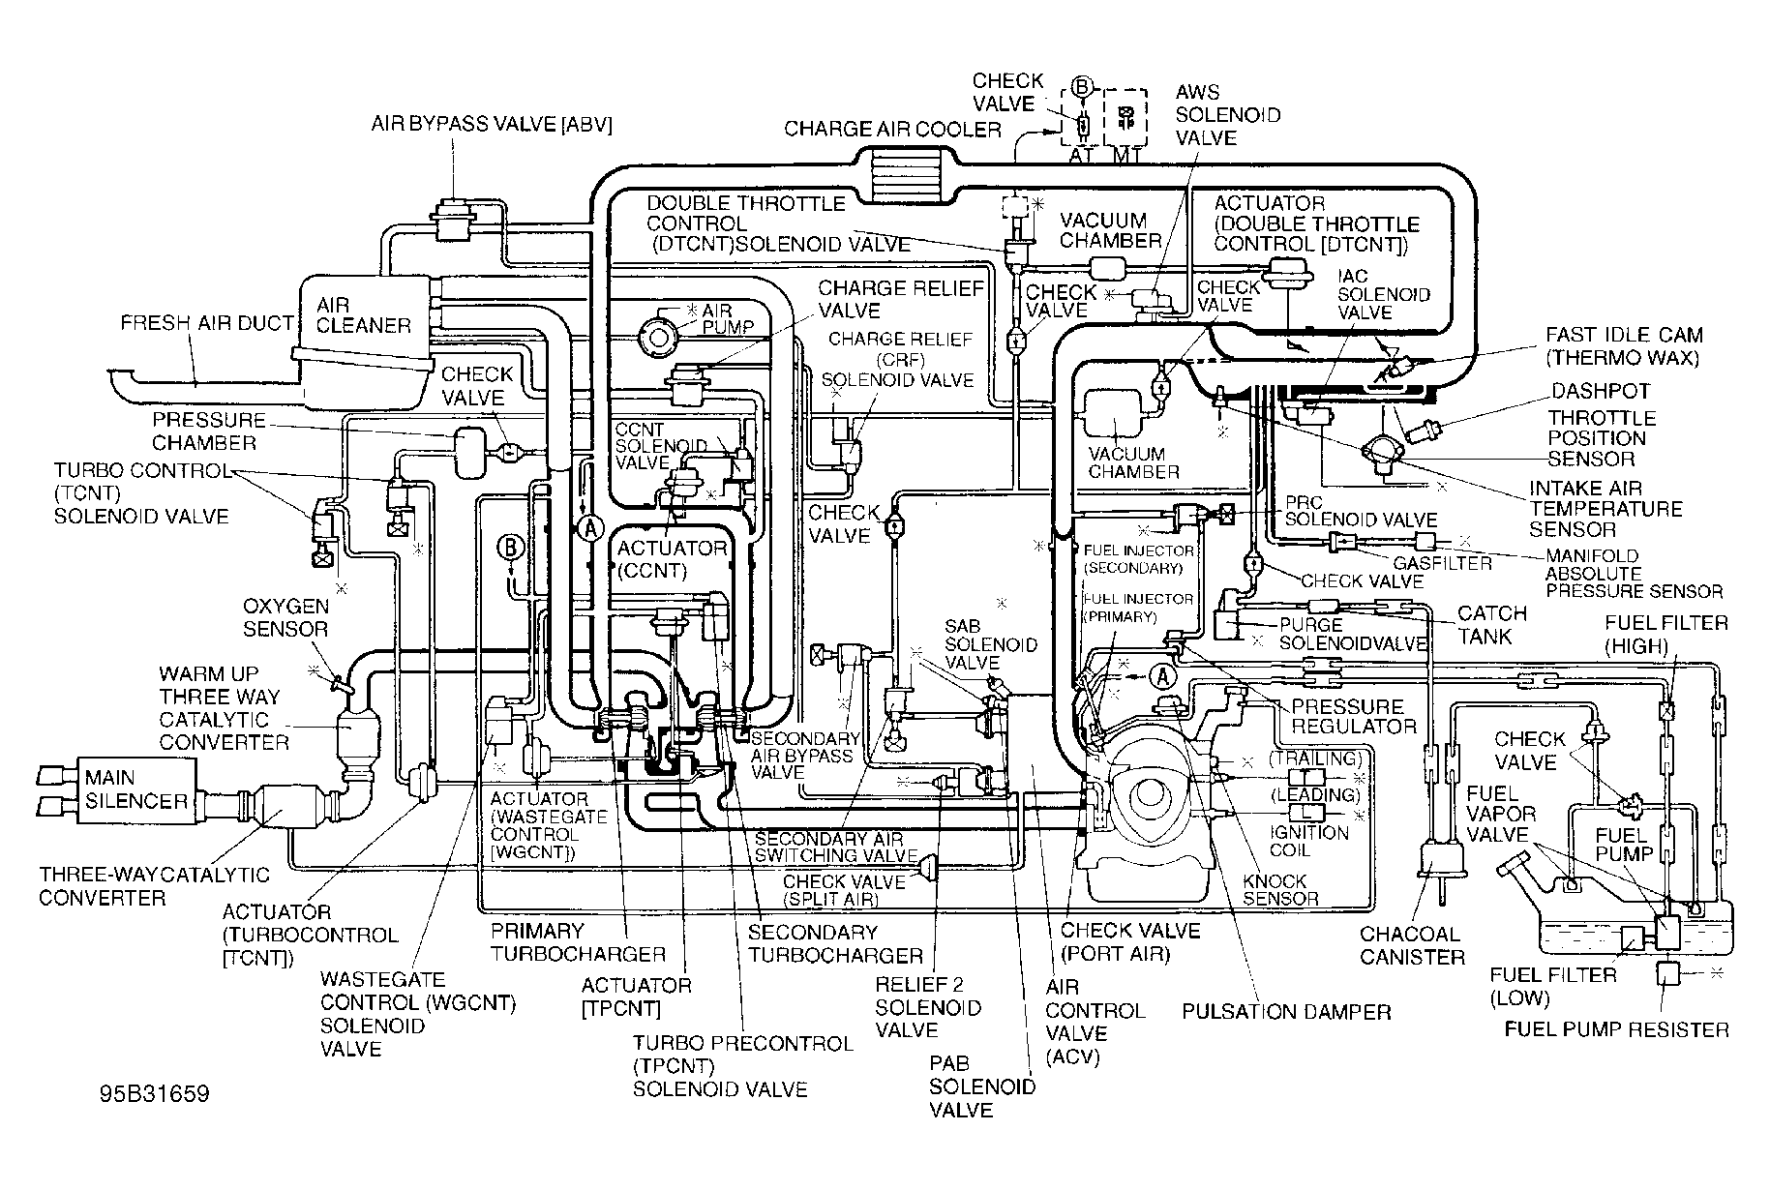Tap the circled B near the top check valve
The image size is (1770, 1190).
click(x=1082, y=88)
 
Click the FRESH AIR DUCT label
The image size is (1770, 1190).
click(x=207, y=322)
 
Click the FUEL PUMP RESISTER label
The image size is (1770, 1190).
click(x=1617, y=1028)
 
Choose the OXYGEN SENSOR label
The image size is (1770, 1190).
click(x=285, y=617)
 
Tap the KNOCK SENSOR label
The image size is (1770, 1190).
click(x=1280, y=889)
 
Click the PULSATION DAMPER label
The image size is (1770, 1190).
click(x=1286, y=1012)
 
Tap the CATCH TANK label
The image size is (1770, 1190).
click(x=1492, y=625)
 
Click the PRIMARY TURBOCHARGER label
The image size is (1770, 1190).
click(x=578, y=942)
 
